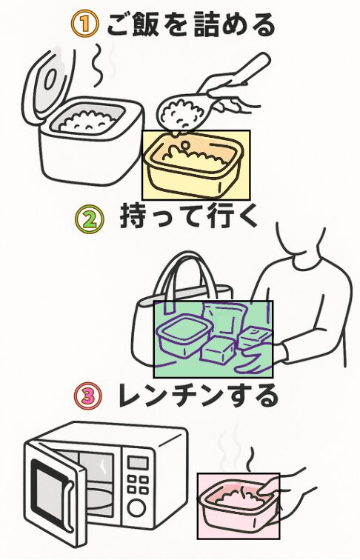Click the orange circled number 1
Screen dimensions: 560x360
coord(84,24)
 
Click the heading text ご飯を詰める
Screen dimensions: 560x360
coord(190,24)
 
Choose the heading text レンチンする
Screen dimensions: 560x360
coord(198,397)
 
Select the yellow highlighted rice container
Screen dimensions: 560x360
coord(196,165)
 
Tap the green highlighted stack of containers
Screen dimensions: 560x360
coord(213,339)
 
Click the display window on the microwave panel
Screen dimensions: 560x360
coord(138,462)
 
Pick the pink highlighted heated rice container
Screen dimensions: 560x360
coord(238,505)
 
